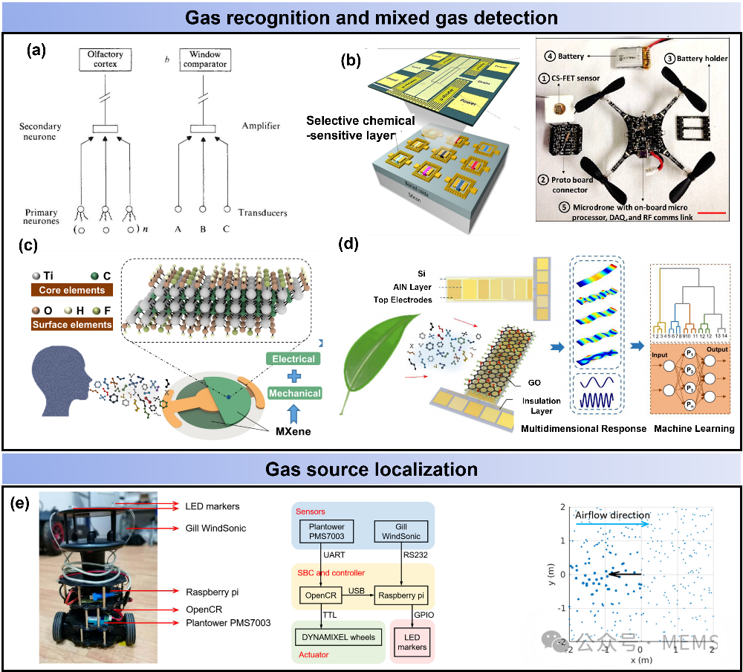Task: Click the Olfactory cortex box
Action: click(x=105, y=59)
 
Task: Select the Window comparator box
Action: click(x=204, y=59)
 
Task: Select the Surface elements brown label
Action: click(x=71, y=324)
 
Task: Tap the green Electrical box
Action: click(x=293, y=359)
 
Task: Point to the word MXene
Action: click(x=293, y=429)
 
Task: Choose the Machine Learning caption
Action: click(x=694, y=428)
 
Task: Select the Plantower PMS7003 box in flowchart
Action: click(x=325, y=531)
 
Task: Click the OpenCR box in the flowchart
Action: click(x=319, y=595)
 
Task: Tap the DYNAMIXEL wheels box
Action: click(x=338, y=637)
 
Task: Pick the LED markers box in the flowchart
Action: click(x=412, y=642)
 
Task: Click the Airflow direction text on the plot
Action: click(x=613, y=514)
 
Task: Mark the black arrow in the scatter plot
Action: click(x=625, y=574)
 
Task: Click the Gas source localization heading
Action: click(x=371, y=469)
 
